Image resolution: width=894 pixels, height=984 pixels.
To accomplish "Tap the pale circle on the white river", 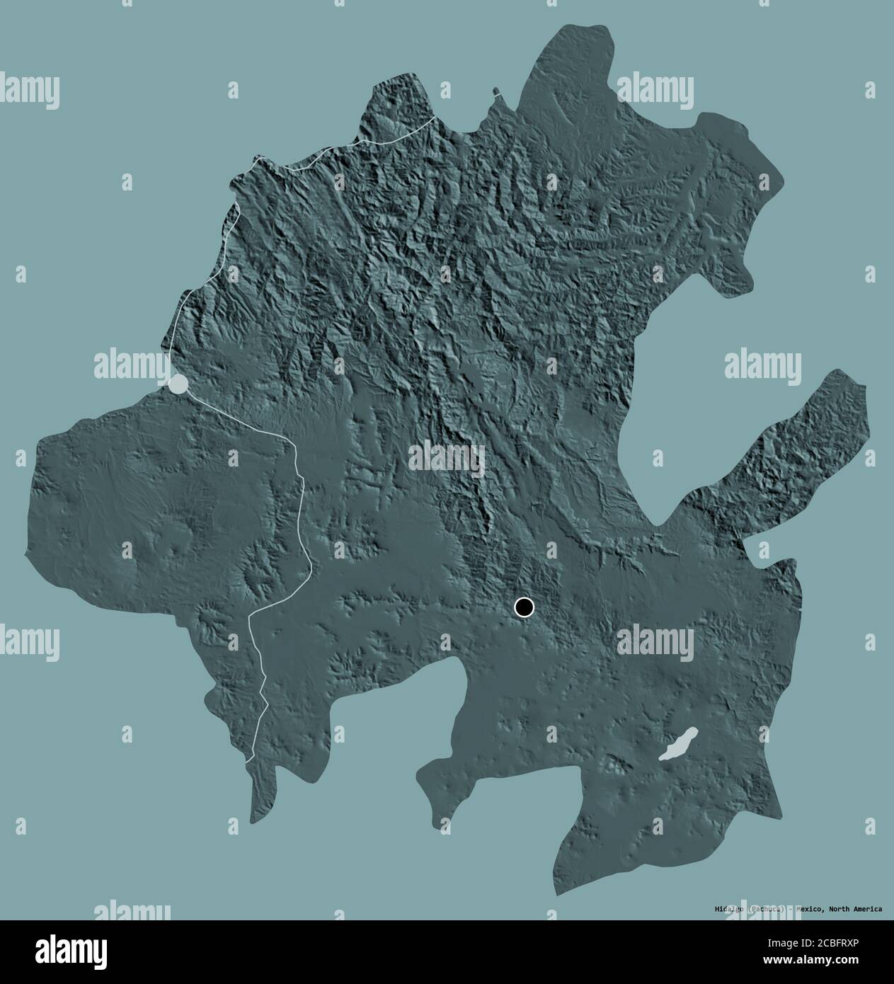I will [x=178, y=384].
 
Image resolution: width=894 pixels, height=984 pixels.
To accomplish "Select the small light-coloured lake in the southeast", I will [x=678, y=745].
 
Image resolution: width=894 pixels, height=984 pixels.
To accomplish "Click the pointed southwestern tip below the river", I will [x=253, y=821].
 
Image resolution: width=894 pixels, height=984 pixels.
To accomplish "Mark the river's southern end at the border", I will [x=251, y=760].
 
